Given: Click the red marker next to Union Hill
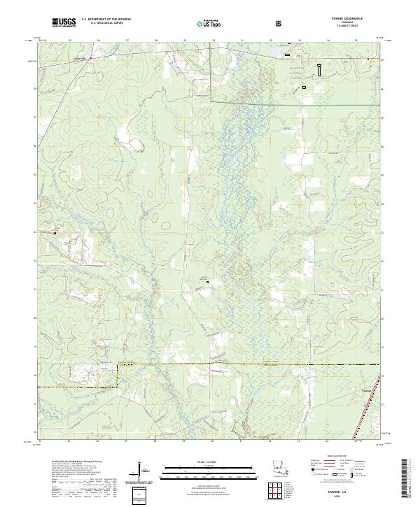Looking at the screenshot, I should point(90,58).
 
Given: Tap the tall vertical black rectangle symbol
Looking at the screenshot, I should point(320,69).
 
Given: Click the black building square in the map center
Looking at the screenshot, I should point(207,283).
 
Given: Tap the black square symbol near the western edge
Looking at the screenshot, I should point(55,231).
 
